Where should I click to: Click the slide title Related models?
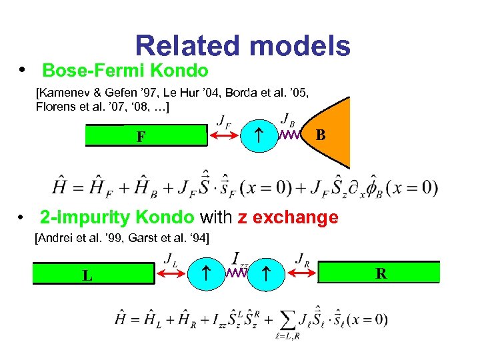click(x=242, y=46)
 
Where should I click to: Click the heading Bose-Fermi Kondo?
click(x=125, y=70)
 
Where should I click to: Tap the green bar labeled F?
click(x=146, y=136)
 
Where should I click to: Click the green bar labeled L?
click(x=93, y=274)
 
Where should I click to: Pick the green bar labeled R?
click(x=381, y=273)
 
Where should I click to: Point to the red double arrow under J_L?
click(x=173, y=273)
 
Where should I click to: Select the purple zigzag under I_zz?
click(x=237, y=273)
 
